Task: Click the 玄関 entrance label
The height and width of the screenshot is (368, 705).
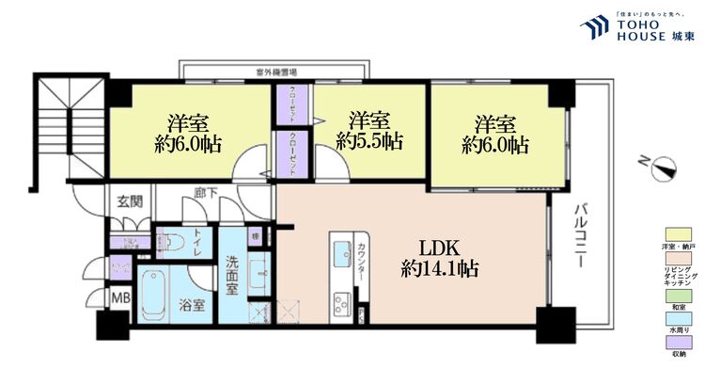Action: [129, 200]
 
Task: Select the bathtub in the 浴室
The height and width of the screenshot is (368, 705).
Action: [151, 296]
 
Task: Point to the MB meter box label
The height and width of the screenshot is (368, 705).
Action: [121, 299]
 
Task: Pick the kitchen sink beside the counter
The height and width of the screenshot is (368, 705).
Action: [338, 258]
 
